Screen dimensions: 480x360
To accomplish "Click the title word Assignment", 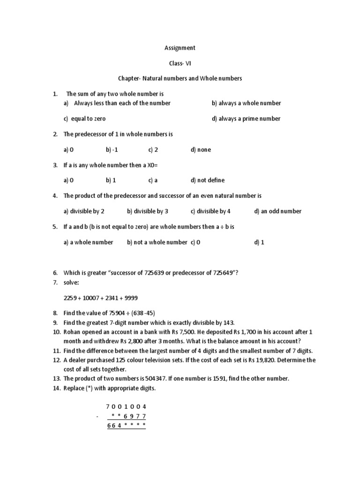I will (x=180, y=48).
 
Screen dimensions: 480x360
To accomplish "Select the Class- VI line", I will (x=180, y=63).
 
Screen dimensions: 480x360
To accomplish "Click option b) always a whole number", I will (x=246, y=103).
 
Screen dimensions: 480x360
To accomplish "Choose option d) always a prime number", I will (x=246, y=119).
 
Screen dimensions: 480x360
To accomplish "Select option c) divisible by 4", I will (x=210, y=211).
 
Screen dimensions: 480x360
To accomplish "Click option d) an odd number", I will (x=277, y=211).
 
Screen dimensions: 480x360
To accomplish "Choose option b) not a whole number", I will (x=157, y=242).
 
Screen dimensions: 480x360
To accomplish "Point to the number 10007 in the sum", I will (x=92, y=298).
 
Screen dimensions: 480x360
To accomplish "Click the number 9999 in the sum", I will (x=130, y=298).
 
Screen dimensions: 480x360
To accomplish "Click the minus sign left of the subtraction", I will (x=97, y=416).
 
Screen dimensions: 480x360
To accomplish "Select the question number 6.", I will (x=55, y=273).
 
